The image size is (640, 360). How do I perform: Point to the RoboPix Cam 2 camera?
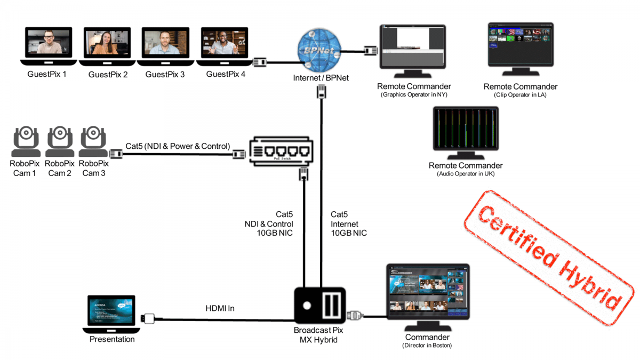click(60, 141)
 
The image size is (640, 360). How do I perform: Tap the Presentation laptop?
click(112, 314)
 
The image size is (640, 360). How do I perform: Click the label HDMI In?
click(220, 308)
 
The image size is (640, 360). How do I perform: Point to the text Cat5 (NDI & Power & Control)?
click(178, 146)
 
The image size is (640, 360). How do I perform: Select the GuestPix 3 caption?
click(165, 75)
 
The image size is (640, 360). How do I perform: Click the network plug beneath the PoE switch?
click(304, 174)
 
